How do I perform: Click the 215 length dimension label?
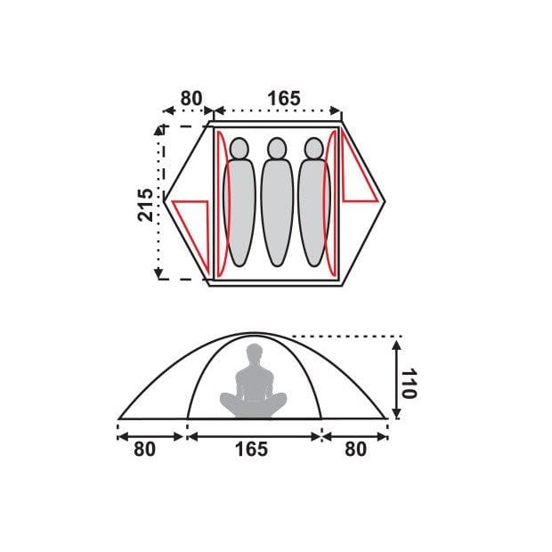(145, 205)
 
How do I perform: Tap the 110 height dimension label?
(409, 384)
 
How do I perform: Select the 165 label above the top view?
(284, 98)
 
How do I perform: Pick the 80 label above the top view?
(191, 98)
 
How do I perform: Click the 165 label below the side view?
(251, 450)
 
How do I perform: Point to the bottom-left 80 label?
(144, 450)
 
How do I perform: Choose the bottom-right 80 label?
(355, 450)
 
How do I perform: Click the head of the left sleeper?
(239, 148)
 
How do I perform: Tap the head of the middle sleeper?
(277, 148)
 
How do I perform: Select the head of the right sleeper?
(313, 148)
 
